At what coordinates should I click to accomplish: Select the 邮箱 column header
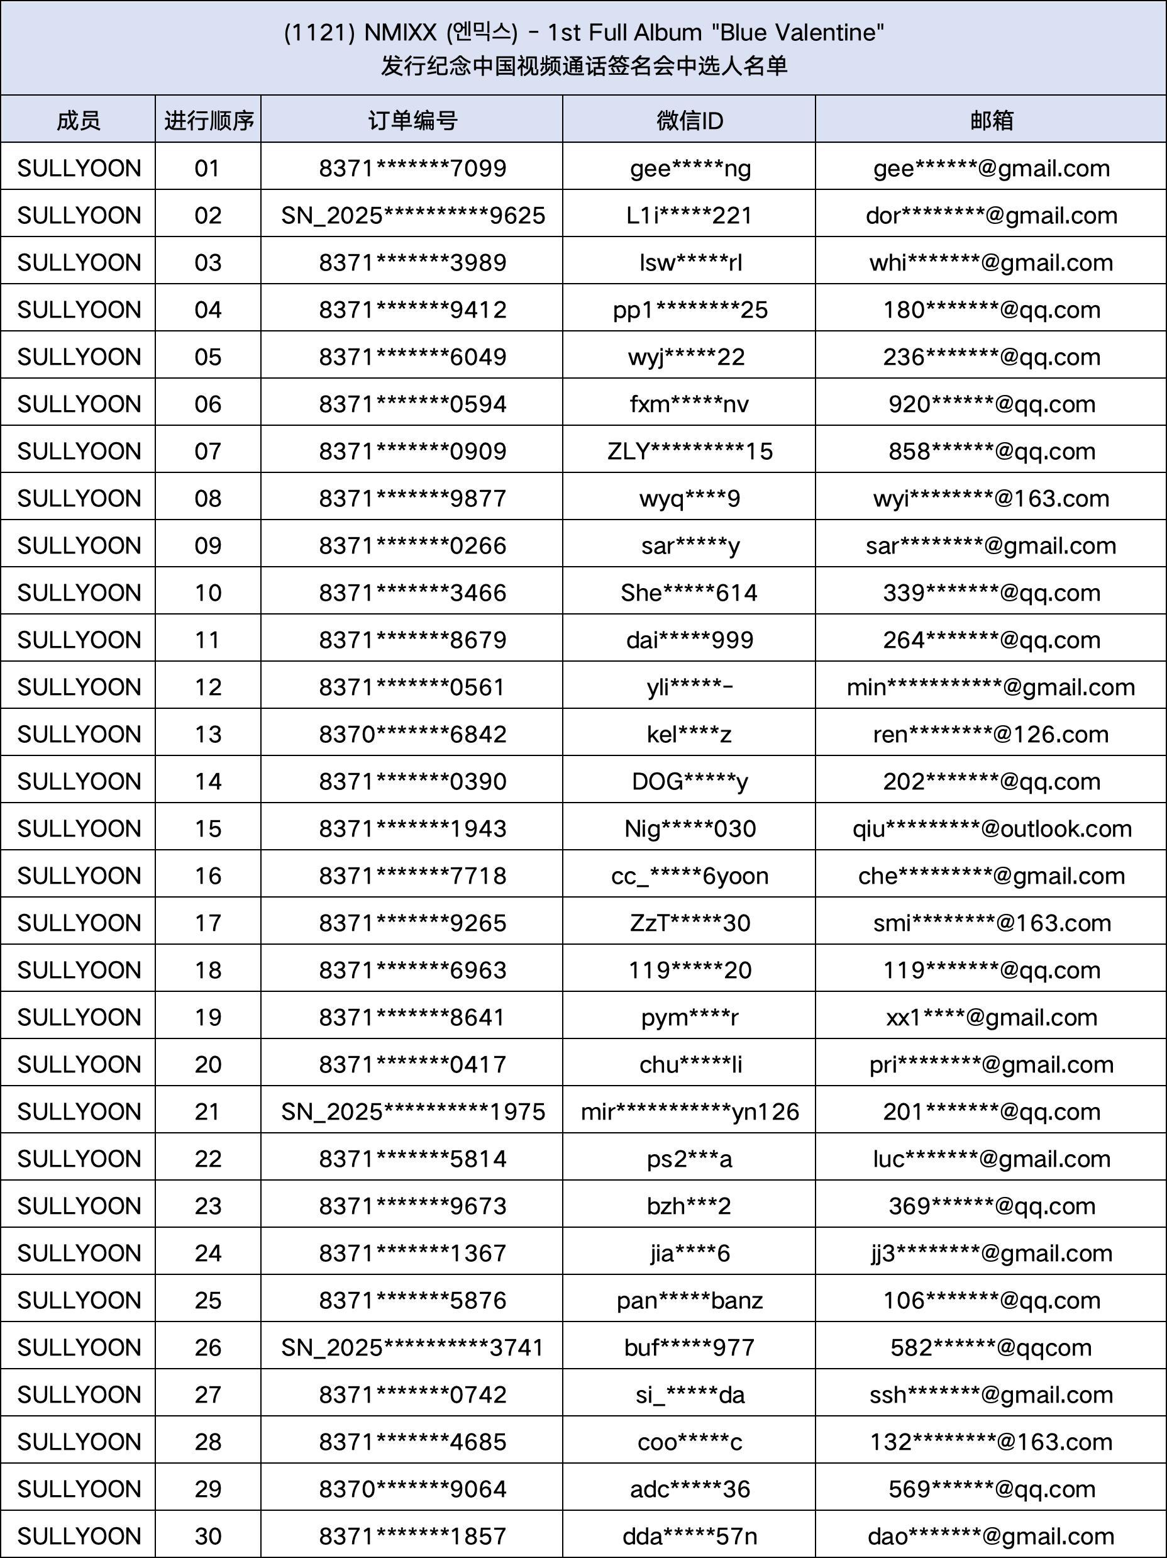[x=991, y=120]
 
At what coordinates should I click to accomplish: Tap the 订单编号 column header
[x=412, y=120]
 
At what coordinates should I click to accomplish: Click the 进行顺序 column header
[x=209, y=120]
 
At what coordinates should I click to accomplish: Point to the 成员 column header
[x=78, y=120]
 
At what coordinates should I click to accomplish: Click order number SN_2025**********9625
[x=412, y=216]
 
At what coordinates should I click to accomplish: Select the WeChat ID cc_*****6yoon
[x=690, y=876]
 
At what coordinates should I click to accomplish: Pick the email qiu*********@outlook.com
[x=992, y=828]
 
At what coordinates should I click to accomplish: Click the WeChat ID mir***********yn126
[x=690, y=1111]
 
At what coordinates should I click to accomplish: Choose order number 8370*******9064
[x=412, y=1488]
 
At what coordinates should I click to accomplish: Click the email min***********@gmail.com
[x=991, y=687]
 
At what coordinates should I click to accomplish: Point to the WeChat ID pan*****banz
[x=690, y=1300]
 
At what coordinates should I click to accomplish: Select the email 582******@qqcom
[x=991, y=1347]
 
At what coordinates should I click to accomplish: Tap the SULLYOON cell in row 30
[x=79, y=1535]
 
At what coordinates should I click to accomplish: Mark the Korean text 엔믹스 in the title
[x=482, y=33]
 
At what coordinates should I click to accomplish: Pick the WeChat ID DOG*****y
[x=690, y=781]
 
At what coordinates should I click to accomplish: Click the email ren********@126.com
[x=991, y=734]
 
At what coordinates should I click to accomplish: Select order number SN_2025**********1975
[x=412, y=1111]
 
